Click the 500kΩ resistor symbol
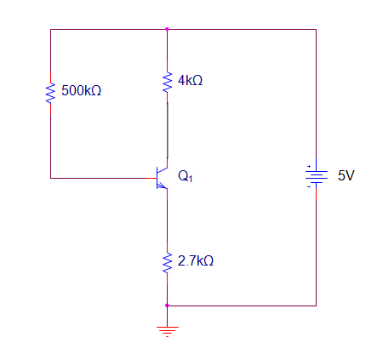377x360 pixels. click(x=50, y=91)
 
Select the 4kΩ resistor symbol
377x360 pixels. click(x=167, y=82)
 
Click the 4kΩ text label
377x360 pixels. click(x=190, y=81)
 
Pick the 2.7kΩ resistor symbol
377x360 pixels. click(x=167, y=260)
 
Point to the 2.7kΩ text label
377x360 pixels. click(x=196, y=260)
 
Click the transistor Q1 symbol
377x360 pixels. click(x=162, y=177)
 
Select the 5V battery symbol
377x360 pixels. click(x=316, y=176)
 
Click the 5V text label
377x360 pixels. click(x=346, y=176)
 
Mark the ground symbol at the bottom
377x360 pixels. click(x=167, y=330)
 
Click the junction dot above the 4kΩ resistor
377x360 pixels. click(x=167, y=29)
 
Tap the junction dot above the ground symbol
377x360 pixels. click(x=167, y=305)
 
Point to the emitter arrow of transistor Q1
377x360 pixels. click(x=163, y=186)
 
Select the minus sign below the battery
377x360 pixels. click(x=309, y=187)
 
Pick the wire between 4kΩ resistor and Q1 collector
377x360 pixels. click(x=167, y=128)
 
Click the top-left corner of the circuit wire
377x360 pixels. click(x=50, y=29)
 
